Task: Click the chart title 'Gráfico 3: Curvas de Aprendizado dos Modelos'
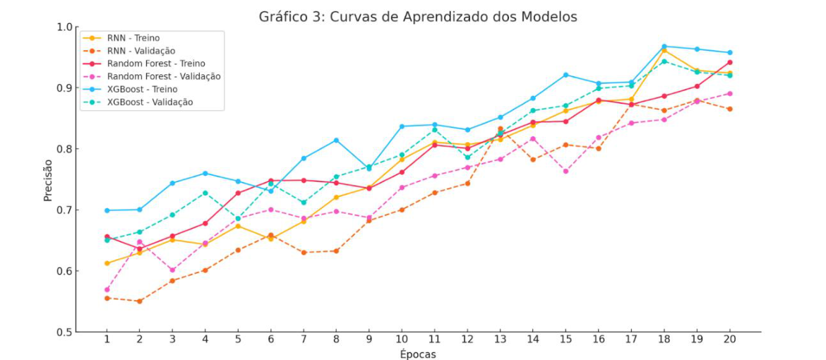click(x=419, y=16)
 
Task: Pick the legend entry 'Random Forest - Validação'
click(x=164, y=76)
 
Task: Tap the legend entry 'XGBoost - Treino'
click(x=142, y=89)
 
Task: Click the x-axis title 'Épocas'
click(x=418, y=354)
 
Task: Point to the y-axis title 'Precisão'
click(x=48, y=179)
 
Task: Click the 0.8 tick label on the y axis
click(x=64, y=149)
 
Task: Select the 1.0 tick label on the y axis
click(x=64, y=27)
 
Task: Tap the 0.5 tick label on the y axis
click(x=64, y=332)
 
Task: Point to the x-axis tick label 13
click(x=500, y=340)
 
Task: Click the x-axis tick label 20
click(x=729, y=340)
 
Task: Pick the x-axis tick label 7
click(x=304, y=340)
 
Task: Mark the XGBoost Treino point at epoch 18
click(x=664, y=47)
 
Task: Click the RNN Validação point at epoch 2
click(x=139, y=301)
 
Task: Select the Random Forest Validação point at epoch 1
click(x=107, y=289)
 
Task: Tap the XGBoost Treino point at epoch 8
click(x=336, y=140)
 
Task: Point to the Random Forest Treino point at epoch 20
click(x=729, y=62)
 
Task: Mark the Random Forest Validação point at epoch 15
click(x=565, y=171)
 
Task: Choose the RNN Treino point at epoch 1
click(x=107, y=263)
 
